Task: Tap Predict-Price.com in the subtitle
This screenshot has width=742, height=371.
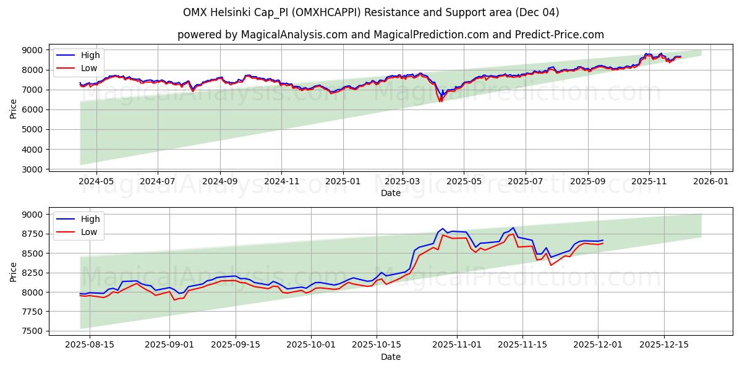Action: click(558, 35)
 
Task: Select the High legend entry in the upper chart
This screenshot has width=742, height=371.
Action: click(90, 55)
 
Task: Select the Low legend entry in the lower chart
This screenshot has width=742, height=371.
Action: click(89, 232)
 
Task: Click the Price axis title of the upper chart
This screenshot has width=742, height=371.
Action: click(14, 109)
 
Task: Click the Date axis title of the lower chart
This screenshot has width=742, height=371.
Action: click(390, 357)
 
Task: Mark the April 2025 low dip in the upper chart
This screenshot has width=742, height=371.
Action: click(440, 101)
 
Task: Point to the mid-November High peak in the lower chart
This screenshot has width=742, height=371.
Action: click(513, 228)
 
